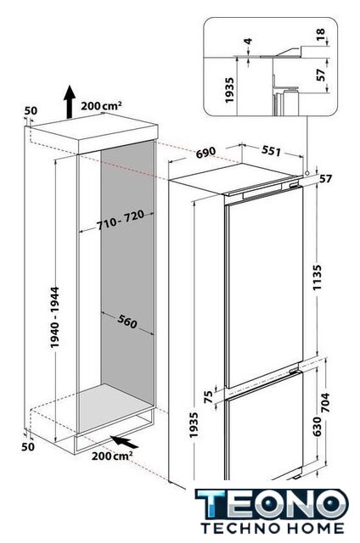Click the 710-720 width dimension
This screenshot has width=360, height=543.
(x=120, y=221)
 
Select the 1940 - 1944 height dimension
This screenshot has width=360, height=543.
(x=54, y=317)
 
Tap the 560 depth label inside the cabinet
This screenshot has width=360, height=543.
(x=127, y=322)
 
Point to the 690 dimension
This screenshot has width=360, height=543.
(x=205, y=152)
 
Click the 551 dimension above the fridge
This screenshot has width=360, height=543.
(x=272, y=151)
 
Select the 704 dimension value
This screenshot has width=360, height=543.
(x=326, y=401)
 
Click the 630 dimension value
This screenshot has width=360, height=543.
(x=317, y=426)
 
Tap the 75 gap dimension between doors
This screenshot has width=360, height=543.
(x=208, y=396)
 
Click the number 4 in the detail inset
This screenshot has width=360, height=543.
(x=248, y=42)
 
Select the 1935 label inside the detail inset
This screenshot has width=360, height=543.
(x=229, y=90)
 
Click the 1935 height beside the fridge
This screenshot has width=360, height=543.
(x=194, y=425)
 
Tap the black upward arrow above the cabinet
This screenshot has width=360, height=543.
(x=70, y=102)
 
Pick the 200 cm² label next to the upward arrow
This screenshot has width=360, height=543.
(x=101, y=105)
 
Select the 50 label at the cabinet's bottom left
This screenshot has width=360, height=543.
(x=28, y=447)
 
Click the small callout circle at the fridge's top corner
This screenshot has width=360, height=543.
(x=307, y=173)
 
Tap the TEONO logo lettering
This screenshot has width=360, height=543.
(x=272, y=504)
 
